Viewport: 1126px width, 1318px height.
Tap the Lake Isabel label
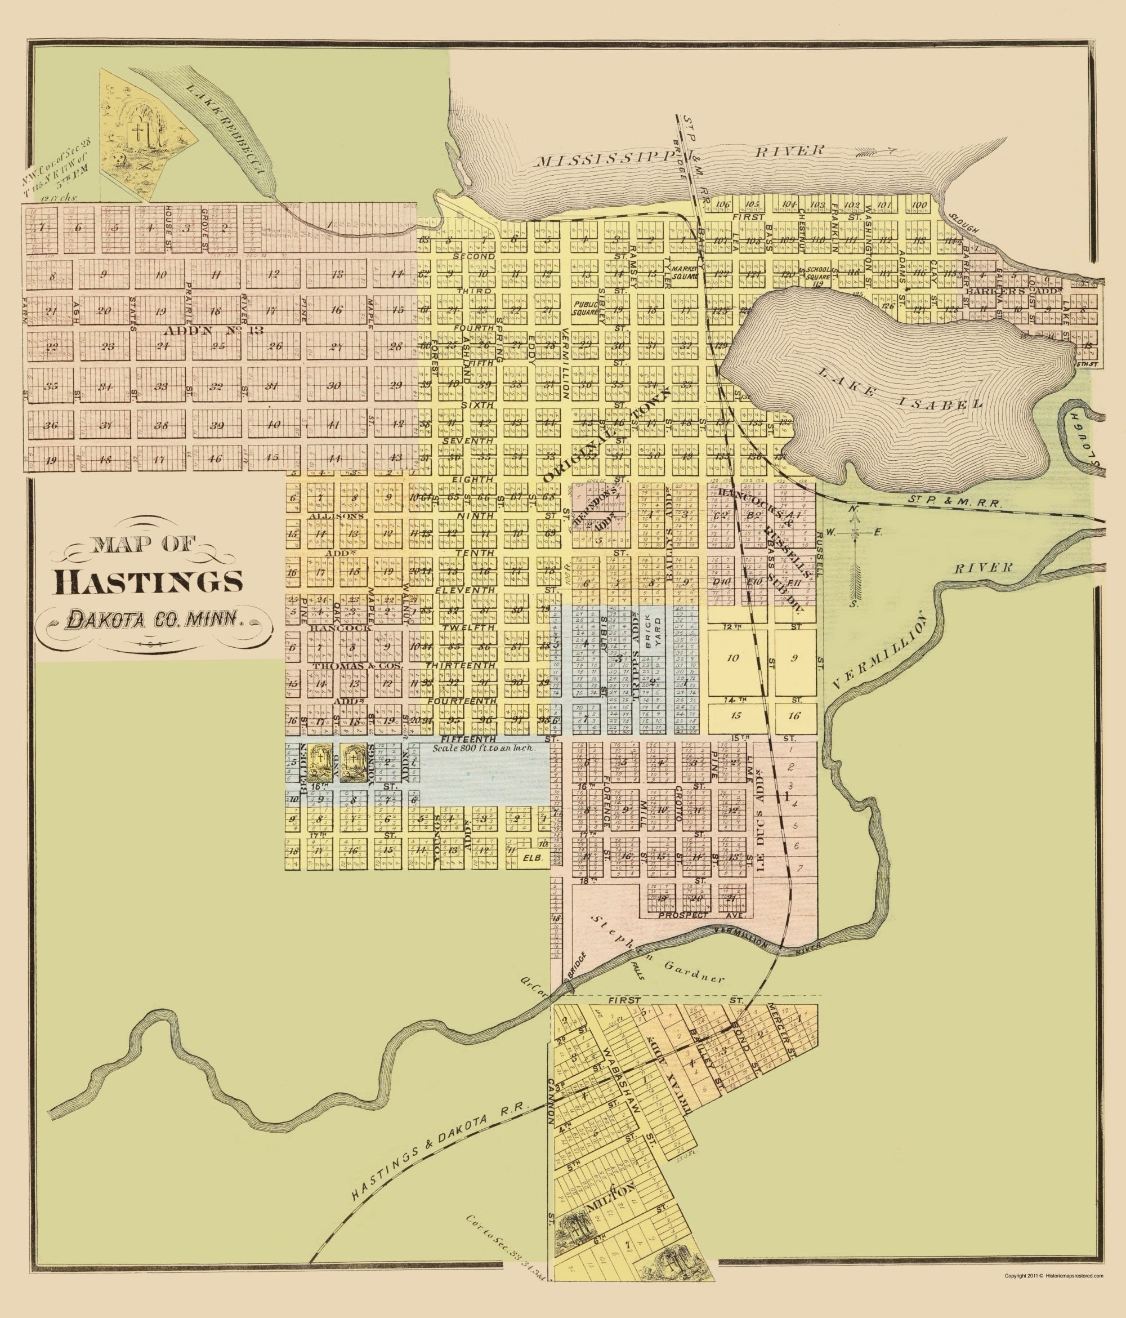pos(898,387)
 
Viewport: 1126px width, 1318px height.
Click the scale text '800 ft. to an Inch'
pos(483,749)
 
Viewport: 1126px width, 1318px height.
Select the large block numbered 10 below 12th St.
pos(732,658)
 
